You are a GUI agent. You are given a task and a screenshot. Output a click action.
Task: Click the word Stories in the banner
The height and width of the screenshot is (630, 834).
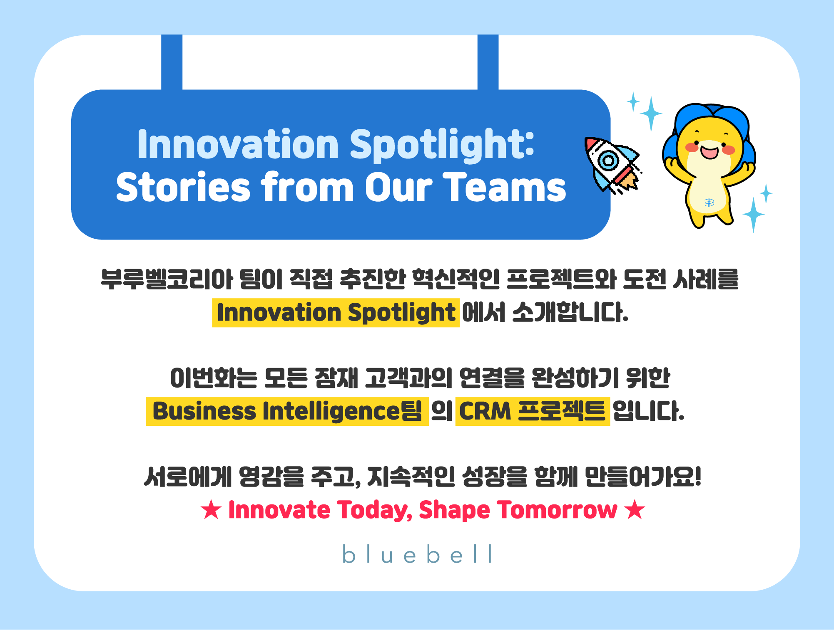click(x=183, y=188)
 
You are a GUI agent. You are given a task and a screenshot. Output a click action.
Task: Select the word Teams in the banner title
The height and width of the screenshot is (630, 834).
click(x=504, y=188)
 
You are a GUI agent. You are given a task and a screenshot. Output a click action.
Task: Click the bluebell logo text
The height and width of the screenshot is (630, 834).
click(x=417, y=554)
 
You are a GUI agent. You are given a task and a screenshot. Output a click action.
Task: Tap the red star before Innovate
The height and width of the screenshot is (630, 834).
click(x=211, y=510)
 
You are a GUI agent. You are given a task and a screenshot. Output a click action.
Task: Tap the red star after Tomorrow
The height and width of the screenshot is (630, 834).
click(x=635, y=510)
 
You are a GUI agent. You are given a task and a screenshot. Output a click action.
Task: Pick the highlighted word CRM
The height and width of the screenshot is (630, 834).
click(x=485, y=411)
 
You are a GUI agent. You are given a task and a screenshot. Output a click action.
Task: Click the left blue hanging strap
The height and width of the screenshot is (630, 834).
click(x=172, y=62)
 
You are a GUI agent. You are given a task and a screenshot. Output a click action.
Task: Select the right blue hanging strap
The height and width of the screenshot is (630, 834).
click(x=488, y=62)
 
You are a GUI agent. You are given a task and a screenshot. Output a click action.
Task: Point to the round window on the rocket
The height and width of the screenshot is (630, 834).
click(x=608, y=160)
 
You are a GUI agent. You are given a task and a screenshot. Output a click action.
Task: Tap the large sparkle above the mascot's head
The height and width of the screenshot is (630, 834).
click(x=651, y=114)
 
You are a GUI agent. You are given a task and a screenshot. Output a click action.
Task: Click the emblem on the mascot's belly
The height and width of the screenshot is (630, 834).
click(x=709, y=203)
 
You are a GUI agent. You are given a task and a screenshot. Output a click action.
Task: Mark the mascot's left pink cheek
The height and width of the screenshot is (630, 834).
click(x=692, y=148)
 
